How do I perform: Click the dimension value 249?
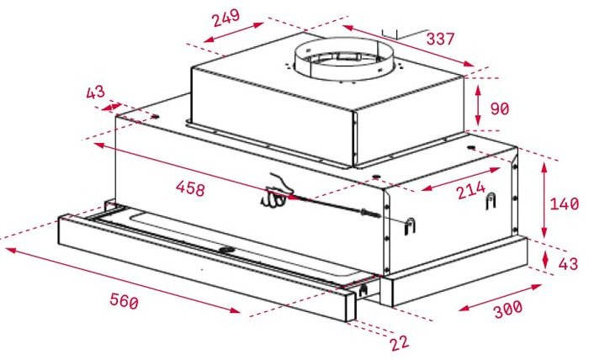pyautogui.click(x=226, y=18)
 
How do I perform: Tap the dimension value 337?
pyautogui.click(x=441, y=39)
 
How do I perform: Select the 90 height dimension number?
pyautogui.click(x=500, y=109)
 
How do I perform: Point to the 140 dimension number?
pyautogui.click(x=565, y=204)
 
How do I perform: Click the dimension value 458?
pyautogui.click(x=191, y=188)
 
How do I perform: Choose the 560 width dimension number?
pyautogui.click(x=124, y=301)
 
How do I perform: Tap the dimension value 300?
pyautogui.click(x=508, y=309)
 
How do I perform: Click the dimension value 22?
pyautogui.click(x=400, y=343)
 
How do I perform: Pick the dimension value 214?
pyautogui.click(x=471, y=190)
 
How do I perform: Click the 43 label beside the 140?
pyautogui.click(x=568, y=264)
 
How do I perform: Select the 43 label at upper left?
pyautogui.click(x=95, y=93)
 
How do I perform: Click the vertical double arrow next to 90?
pyautogui.click(x=478, y=105)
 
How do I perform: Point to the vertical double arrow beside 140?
pyautogui.click(x=544, y=199)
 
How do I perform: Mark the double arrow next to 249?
pyautogui.click(x=233, y=32)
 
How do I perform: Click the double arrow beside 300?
pyautogui.click(x=500, y=298)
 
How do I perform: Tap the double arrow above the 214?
pyautogui.click(x=460, y=179)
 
